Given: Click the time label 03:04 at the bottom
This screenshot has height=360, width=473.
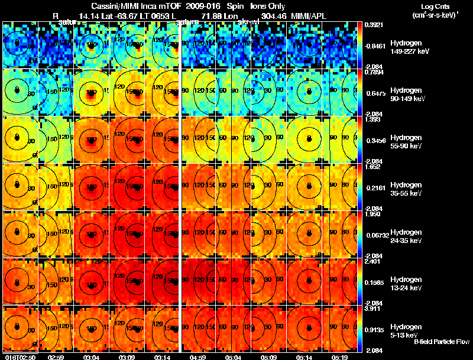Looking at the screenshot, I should coord(92,356).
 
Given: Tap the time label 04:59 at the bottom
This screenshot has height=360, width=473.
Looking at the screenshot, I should coord(198,356).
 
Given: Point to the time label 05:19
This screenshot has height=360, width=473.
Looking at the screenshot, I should coord(340,356).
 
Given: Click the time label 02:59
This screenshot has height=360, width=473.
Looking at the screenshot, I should coord(56,356).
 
